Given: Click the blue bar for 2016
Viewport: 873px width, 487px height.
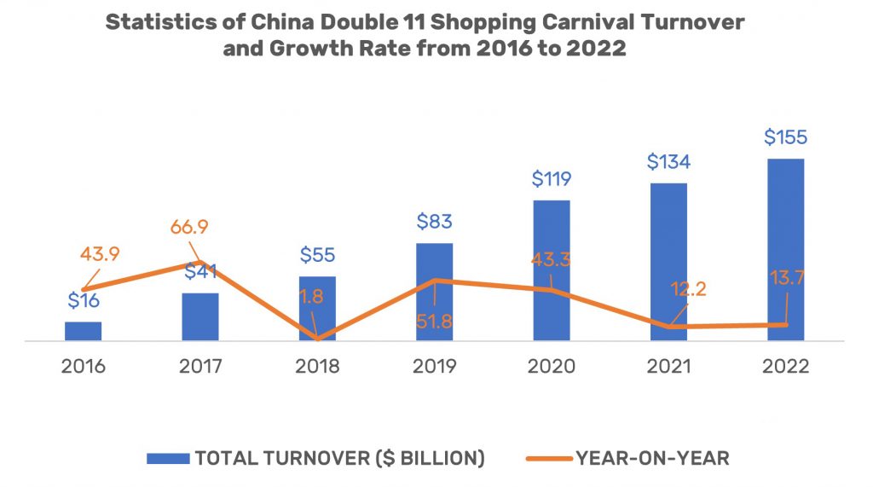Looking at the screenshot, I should point(83,332).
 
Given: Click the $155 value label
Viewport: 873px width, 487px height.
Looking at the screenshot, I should point(785,137).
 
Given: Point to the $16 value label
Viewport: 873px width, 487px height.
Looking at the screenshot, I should point(83,300).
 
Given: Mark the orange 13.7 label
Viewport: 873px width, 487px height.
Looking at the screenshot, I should point(785,278).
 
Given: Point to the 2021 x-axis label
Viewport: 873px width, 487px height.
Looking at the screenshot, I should point(668,367).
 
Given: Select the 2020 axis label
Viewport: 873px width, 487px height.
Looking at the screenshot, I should point(552,367).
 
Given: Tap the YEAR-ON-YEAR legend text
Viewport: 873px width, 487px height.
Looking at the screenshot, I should point(652,458).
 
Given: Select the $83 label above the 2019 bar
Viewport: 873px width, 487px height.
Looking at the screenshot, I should point(435,222).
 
